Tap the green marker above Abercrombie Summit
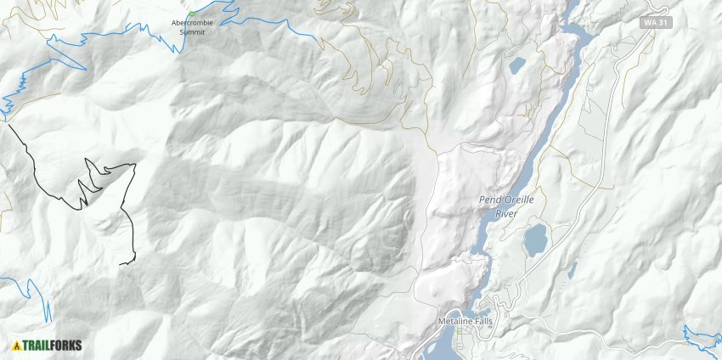pos(192,14)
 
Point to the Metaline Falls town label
pos(465,322)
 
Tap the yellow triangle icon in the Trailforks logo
pos(17,345)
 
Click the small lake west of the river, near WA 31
pos(516,65)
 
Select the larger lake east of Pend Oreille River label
pos(536,240)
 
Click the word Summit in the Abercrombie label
pos(192,31)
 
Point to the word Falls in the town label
pos(480,322)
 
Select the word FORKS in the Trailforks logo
pos(65,345)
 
